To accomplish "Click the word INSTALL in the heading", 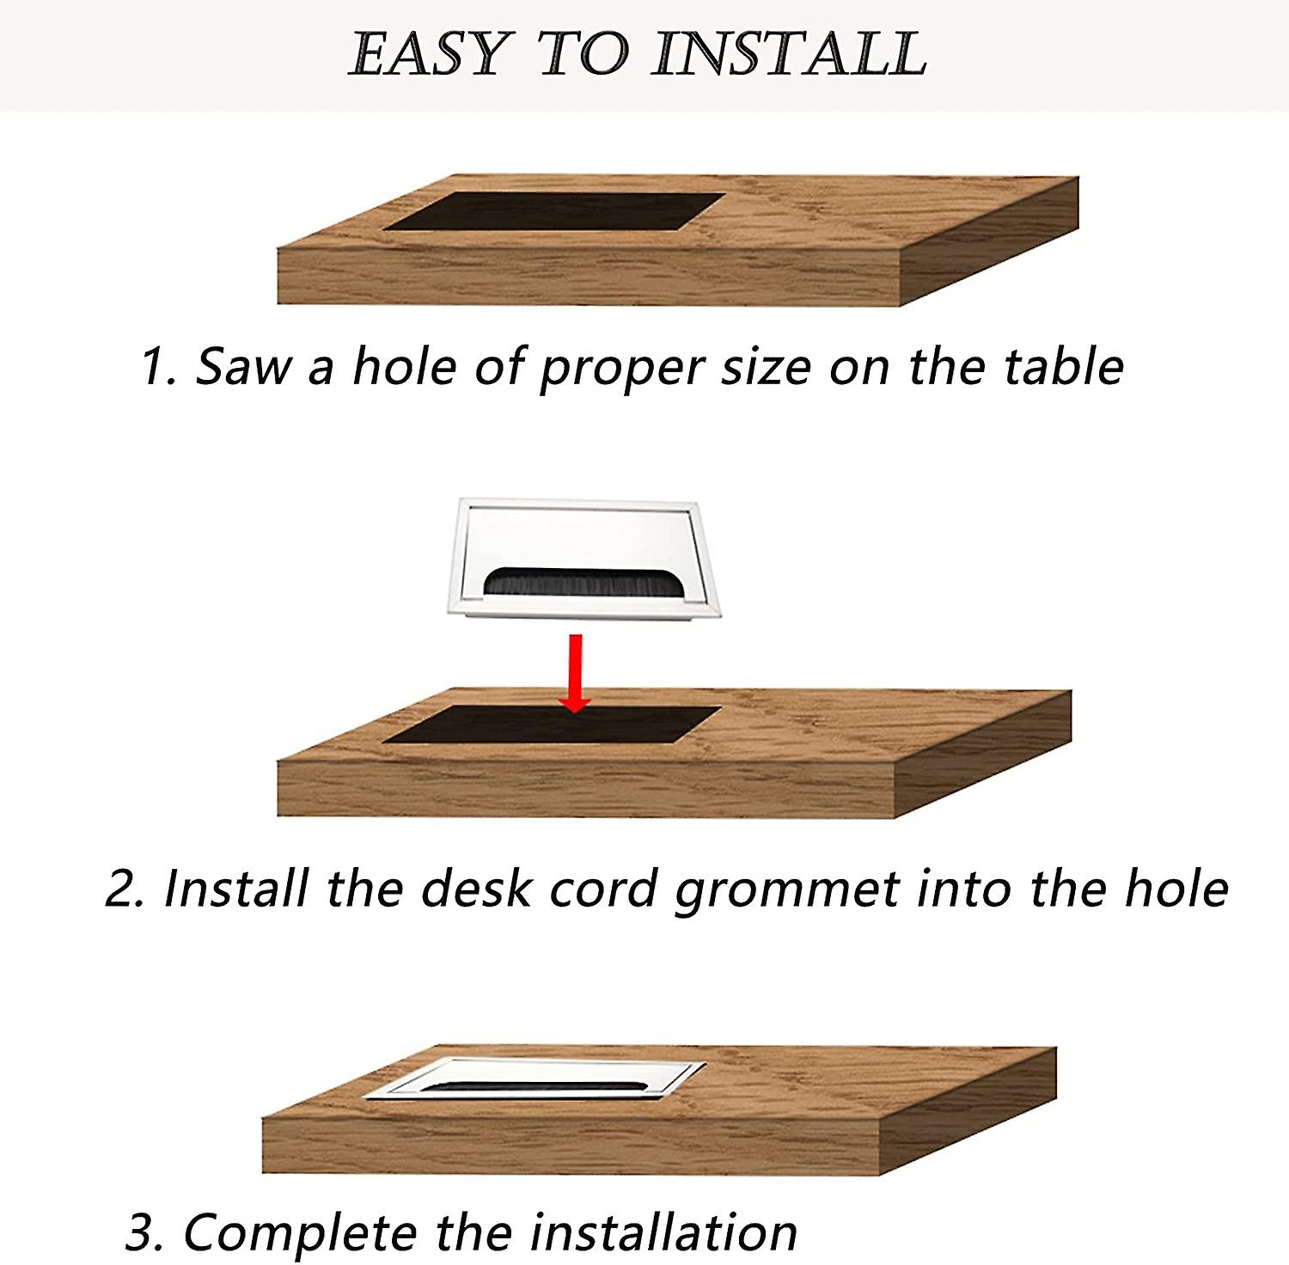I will tap(789, 53).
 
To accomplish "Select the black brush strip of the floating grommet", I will tap(582, 582).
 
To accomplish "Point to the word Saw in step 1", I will tap(243, 367).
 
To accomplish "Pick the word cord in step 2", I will tap(602, 889).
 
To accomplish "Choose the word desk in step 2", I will tap(475, 889).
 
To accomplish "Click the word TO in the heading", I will tap(581, 53).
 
